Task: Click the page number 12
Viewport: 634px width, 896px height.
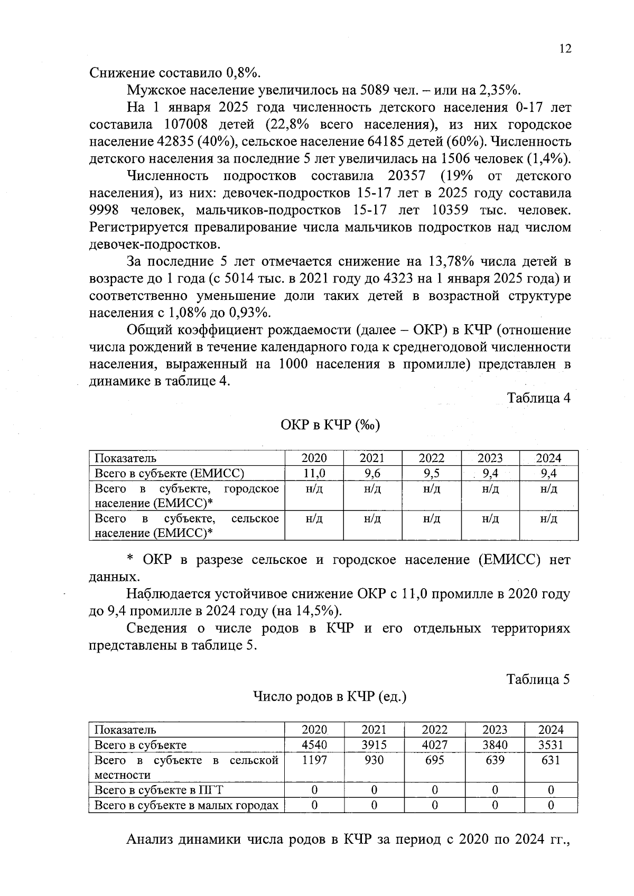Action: click(565, 49)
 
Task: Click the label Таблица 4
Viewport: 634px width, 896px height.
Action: click(538, 398)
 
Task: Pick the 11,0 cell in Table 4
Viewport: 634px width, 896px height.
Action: click(314, 473)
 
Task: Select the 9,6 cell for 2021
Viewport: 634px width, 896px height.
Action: click(372, 473)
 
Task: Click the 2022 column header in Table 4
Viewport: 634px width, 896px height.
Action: click(432, 458)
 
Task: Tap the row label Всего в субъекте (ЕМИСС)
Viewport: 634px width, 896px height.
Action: click(169, 473)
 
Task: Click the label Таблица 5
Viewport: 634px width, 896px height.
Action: click(538, 679)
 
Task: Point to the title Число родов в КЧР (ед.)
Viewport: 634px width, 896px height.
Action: click(330, 697)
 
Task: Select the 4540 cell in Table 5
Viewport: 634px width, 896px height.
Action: click(314, 745)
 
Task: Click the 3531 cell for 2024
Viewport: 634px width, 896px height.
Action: click(551, 745)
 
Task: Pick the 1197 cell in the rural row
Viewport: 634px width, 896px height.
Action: click(314, 760)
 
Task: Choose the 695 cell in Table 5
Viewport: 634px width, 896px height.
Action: click(434, 760)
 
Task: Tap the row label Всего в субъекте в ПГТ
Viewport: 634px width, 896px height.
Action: click(158, 790)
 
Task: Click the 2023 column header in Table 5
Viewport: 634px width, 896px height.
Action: click(495, 730)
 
